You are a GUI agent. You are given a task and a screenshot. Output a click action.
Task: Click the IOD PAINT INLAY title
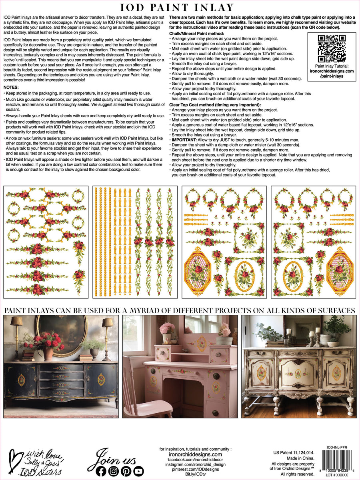tap(180, 8)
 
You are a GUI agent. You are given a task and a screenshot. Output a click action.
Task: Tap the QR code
tap(332, 48)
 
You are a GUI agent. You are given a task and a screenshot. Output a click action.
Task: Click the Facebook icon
tap(101, 471)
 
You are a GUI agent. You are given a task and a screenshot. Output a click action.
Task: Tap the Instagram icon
tap(114, 471)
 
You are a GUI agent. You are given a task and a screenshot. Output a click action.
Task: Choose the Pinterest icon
tap(126, 471)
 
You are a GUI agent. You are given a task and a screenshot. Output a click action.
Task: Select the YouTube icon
tap(138, 471)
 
